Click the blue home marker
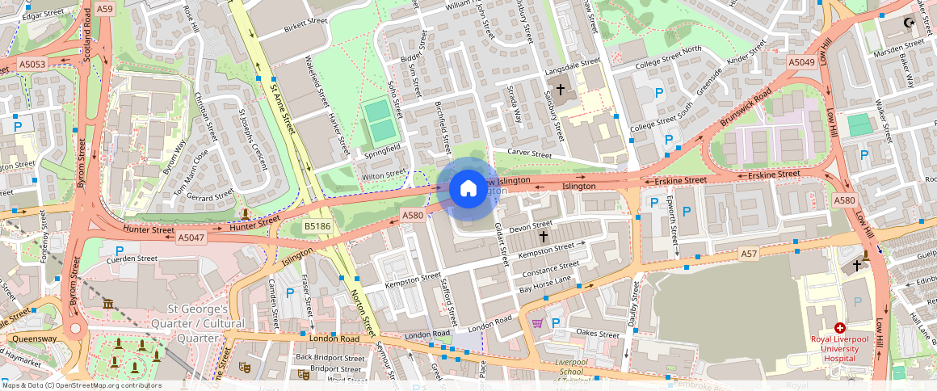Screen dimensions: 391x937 click(468, 189)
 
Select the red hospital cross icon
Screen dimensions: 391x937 click(840, 329)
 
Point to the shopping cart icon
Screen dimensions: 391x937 click(537, 323)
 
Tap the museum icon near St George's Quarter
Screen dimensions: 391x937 click(109, 304)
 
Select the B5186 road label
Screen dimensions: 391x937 click(317, 228)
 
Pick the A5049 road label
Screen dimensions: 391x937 click(801, 62)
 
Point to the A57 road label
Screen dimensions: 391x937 click(750, 254)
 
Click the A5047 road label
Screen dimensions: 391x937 click(191, 238)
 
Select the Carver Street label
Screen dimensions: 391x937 click(529, 153)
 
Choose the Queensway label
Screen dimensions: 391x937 click(29, 339)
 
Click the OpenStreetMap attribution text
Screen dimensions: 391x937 click(81, 385)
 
